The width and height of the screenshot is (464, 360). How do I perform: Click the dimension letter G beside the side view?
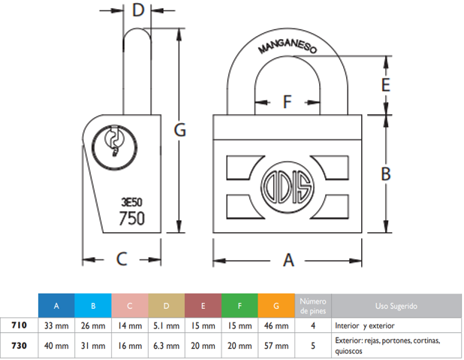(x=179, y=130)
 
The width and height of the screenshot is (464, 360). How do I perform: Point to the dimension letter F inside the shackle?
(x=287, y=102)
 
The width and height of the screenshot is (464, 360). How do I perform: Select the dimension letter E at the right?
(x=385, y=84)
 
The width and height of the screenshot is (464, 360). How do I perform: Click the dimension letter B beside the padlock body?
(x=385, y=174)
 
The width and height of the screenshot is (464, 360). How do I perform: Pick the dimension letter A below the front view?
(x=288, y=260)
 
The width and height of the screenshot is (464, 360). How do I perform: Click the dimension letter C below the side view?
(x=122, y=260)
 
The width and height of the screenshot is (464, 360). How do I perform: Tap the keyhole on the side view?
(x=115, y=141)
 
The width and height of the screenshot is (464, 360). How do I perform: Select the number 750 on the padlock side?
(x=132, y=218)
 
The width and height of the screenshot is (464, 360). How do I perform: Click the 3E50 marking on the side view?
(x=131, y=201)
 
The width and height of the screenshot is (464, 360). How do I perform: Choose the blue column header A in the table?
(x=56, y=306)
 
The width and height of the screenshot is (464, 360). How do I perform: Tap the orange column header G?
(x=276, y=306)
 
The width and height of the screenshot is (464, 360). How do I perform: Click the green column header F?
(x=240, y=306)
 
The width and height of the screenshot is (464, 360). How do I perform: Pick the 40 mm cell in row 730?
(x=56, y=346)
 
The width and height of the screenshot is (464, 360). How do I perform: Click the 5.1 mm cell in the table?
(x=167, y=326)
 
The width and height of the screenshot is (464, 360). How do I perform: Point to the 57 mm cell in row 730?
(x=276, y=346)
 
